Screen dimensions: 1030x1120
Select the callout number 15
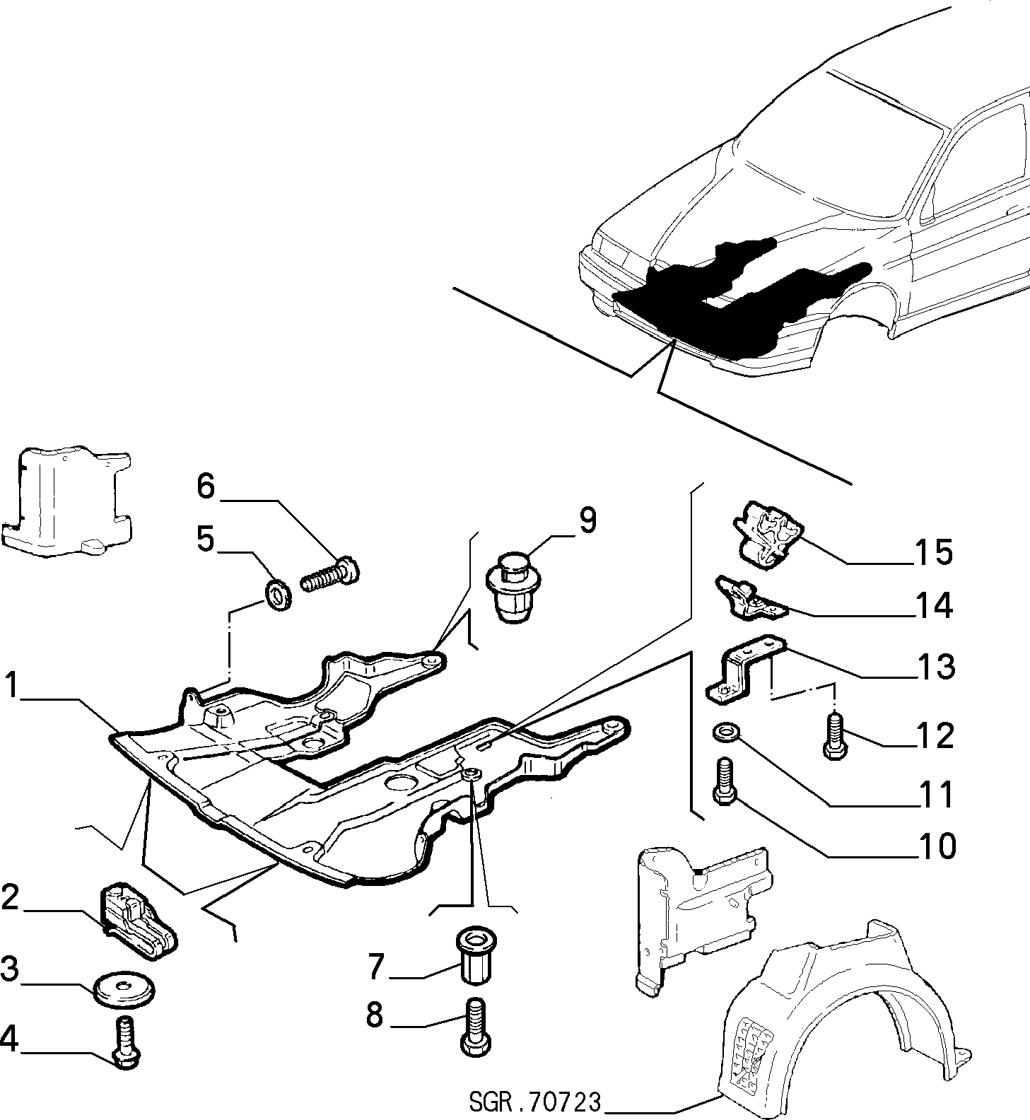(932, 552)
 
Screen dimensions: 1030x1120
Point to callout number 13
(933, 666)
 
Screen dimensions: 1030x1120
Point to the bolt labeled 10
(725, 781)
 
